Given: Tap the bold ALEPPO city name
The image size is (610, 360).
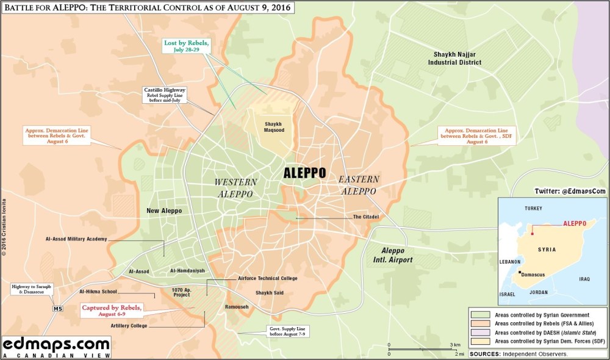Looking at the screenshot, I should click(304, 173).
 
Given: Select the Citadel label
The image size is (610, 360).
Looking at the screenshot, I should click(366, 217).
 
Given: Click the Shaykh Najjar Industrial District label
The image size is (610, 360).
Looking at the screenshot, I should click(454, 58).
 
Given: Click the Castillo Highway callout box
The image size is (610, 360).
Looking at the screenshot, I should click(165, 95).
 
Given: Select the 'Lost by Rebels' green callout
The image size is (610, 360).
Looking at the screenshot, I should click(187, 46).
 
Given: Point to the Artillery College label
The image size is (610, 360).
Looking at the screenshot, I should click(129, 326).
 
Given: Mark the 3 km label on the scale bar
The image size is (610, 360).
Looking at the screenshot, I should click(455, 345).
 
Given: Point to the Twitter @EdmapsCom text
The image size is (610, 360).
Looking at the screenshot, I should click(570, 191).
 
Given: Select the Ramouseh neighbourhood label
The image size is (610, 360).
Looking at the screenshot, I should click(237, 306).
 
